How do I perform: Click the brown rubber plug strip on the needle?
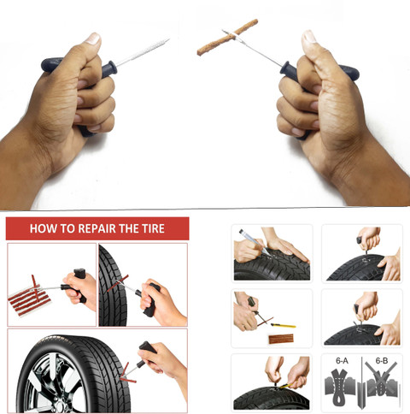[x=227, y=37]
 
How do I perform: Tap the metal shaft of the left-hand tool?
[x=142, y=51]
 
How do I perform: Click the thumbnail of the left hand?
[x=92, y=38]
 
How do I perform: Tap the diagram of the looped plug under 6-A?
[x=341, y=387]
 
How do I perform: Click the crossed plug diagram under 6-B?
[x=381, y=387]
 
